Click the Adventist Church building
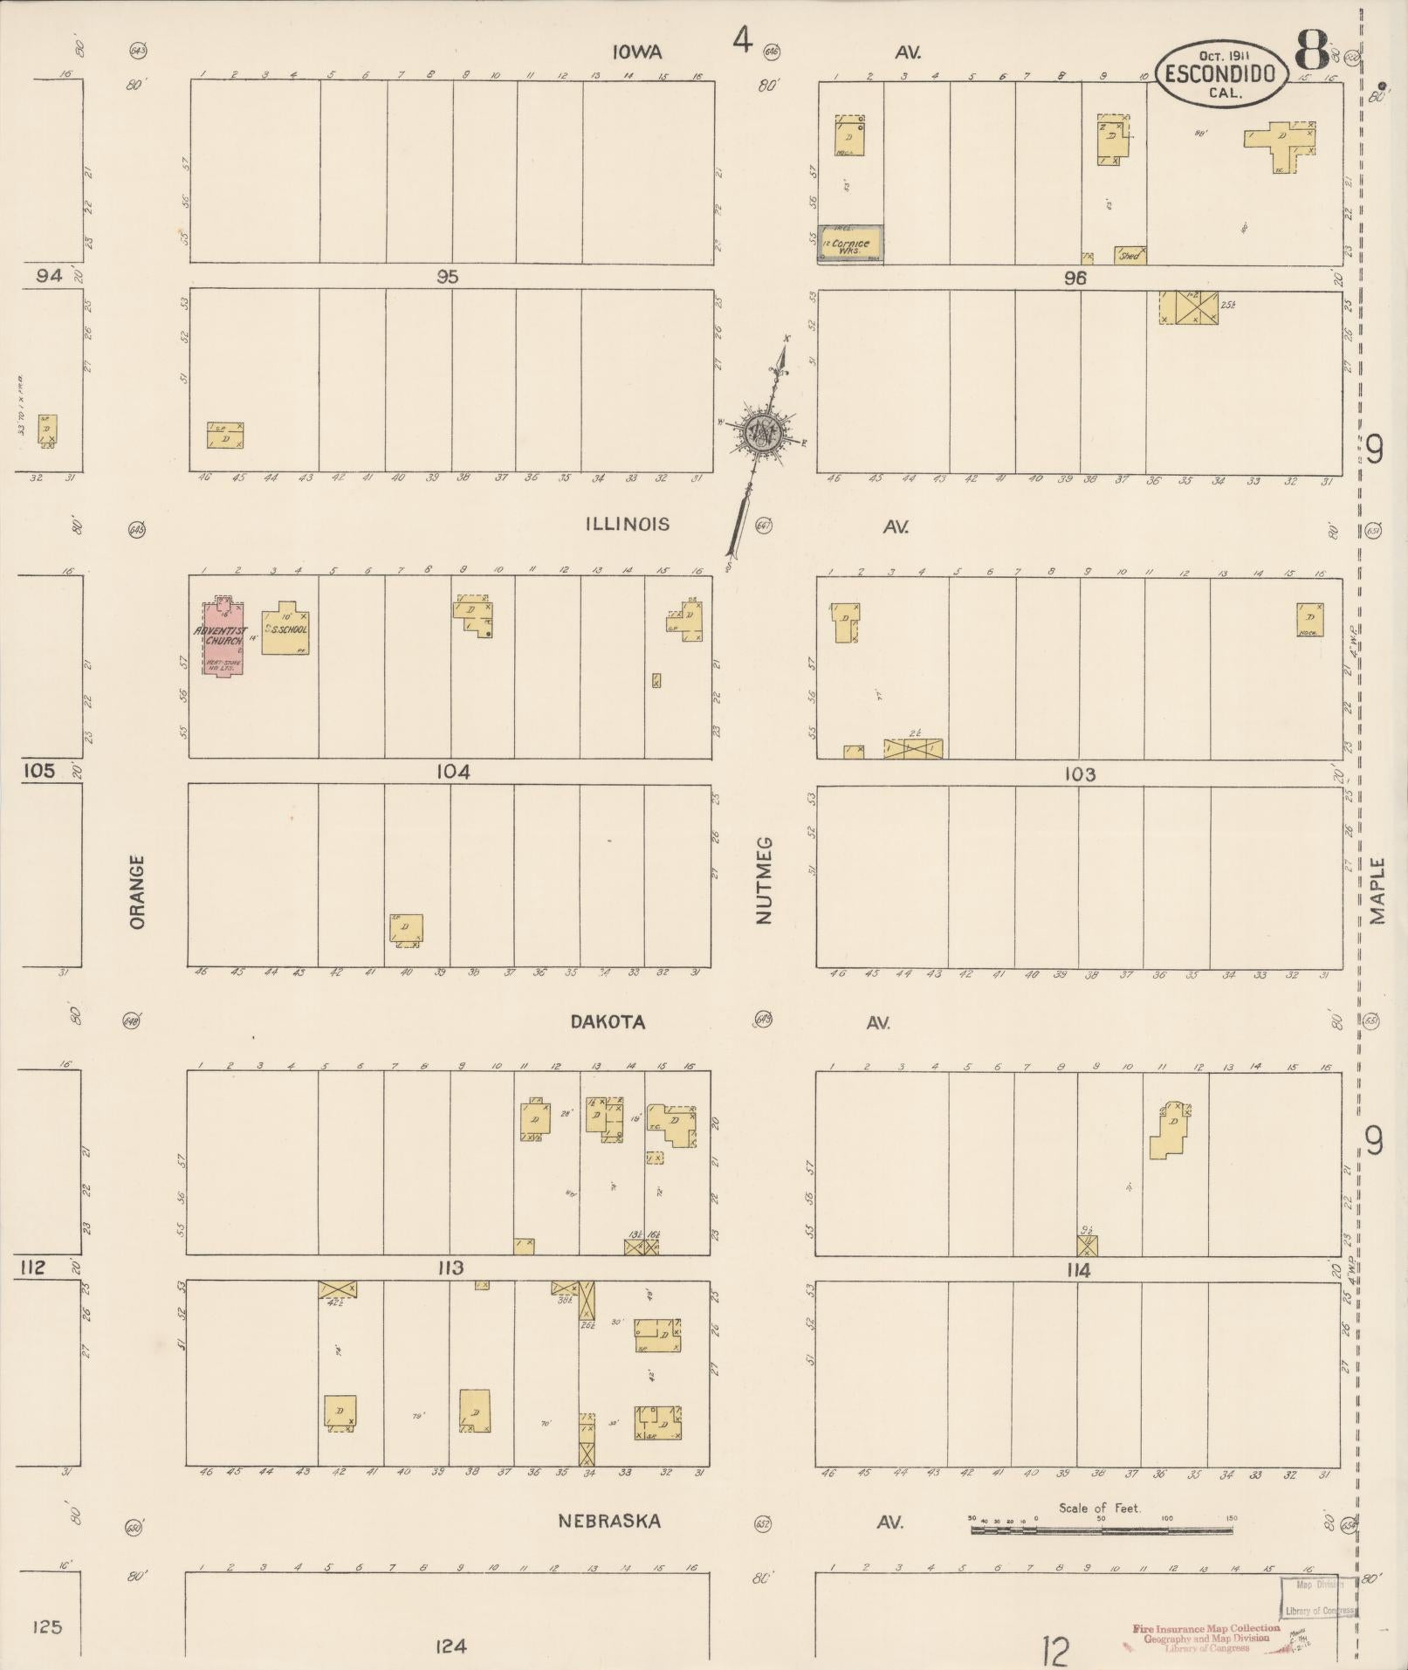[224, 637]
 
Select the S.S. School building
[285, 628]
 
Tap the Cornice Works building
[850, 244]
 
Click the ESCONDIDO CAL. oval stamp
[1222, 73]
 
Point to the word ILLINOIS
[628, 524]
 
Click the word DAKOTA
[608, 1021]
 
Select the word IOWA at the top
[636, 52]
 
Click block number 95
[448, 277]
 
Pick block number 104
[454, 771]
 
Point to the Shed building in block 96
[1130, 255]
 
